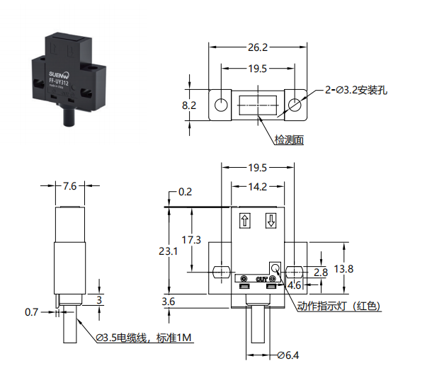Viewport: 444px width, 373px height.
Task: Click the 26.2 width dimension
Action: [258, 47]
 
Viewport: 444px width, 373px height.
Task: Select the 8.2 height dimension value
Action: [189, 105]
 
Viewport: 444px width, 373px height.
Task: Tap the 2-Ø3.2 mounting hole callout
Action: [356, 91]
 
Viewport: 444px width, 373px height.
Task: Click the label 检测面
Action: [289, 140]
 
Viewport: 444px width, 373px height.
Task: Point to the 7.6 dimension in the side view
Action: [69, 186]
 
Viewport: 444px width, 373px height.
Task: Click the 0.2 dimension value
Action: [186, 192]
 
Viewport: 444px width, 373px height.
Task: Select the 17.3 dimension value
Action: [191, 240]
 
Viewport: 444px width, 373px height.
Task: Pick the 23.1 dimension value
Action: [169, 251]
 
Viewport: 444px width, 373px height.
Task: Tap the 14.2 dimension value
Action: [258, 187]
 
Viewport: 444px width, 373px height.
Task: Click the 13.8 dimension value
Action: [343, 268]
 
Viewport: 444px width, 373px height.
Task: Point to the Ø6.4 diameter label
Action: [288, 355]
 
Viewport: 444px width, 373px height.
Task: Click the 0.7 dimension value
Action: [31, 312]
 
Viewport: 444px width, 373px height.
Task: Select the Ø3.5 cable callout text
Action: [144, 338]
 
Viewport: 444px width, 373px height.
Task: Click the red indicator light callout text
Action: [338, 306]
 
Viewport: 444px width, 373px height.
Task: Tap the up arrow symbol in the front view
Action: [245, 220]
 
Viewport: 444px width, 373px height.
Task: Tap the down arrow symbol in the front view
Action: [271, 220]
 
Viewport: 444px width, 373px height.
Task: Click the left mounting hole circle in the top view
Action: [221, 105]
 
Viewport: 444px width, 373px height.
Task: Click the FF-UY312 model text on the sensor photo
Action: [59, 82]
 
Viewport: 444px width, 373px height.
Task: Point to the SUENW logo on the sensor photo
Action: [59, 75]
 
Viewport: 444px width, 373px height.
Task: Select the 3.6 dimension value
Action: [169, 302]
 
